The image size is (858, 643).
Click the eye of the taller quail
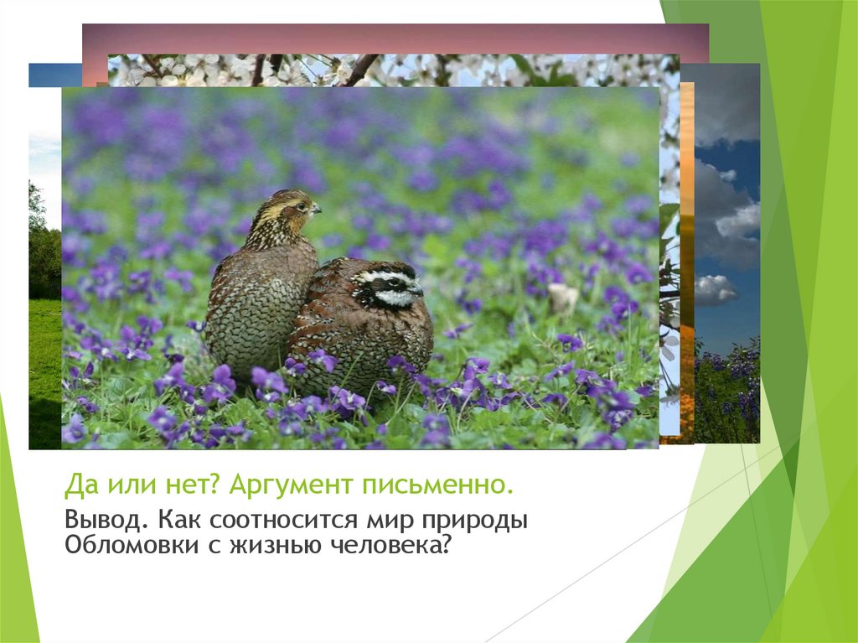coord(300,205)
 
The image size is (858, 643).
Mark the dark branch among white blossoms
coord(360,70)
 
